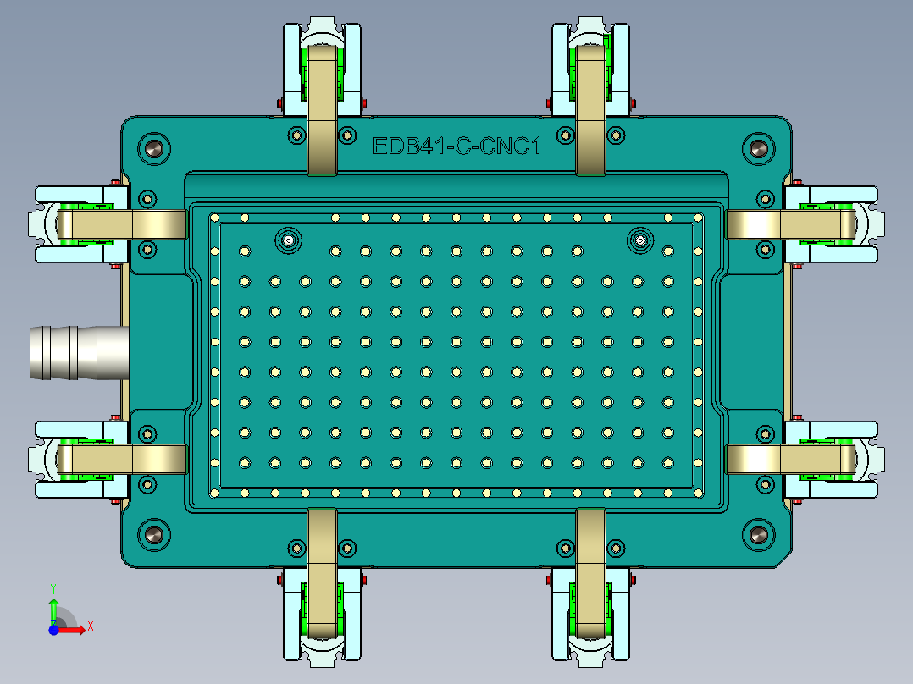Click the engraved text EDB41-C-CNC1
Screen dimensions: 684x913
(456, 146)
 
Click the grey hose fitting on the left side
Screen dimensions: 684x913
(76, 351)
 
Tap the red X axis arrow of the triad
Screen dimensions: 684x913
(74, 629)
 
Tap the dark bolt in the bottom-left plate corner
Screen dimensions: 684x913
(154, 534)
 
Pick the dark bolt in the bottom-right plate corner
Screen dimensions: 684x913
(758, 534)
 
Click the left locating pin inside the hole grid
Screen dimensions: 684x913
(289, 240)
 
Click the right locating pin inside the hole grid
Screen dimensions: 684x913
(640, 240)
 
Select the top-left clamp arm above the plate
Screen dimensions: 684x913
(322, 110)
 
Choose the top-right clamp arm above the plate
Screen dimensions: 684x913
(591, 110)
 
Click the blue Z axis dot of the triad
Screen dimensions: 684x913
(53, 630)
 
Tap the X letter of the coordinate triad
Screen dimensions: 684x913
(91, 626)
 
